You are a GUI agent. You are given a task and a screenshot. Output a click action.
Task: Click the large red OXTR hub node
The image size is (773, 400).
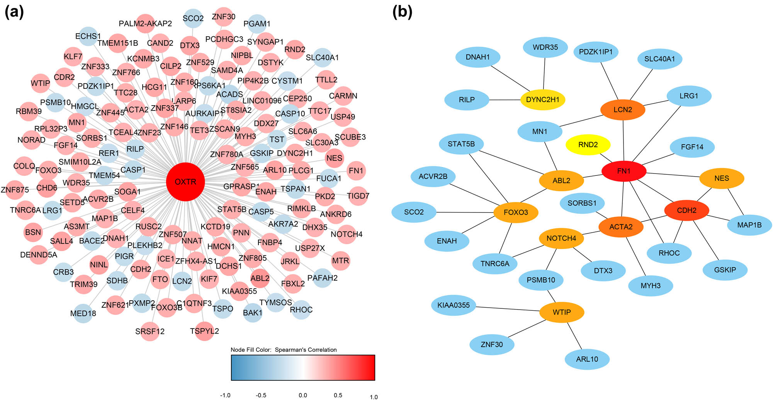(185, 182)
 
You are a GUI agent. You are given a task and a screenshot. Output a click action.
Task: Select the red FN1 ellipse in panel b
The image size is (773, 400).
(623, 171)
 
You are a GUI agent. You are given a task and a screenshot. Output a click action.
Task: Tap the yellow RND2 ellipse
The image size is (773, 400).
(588, 145)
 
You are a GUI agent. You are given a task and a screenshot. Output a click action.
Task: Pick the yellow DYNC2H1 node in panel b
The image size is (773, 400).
(542, 99)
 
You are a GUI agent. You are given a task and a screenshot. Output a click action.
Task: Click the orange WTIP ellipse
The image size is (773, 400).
(561, 312)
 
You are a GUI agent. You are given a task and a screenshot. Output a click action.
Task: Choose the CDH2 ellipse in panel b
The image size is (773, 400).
(686, 210)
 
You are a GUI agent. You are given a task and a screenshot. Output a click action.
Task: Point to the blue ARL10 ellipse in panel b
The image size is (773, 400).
(587, 359)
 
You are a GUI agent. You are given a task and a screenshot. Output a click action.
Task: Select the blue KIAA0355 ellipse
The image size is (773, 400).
(454, 305)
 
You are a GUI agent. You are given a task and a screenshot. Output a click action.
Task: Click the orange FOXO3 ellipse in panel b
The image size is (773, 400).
(516, 212)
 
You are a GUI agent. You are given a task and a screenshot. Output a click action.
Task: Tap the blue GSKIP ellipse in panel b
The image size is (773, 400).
(725, 270)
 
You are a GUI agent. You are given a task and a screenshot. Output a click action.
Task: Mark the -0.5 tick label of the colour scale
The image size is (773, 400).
(261, 395)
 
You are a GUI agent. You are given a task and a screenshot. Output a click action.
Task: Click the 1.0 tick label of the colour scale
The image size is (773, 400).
(374, 397)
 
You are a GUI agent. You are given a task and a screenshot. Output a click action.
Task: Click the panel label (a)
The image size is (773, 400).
(14, 12)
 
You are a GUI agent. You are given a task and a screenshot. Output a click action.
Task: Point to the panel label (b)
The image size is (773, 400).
(402, 12)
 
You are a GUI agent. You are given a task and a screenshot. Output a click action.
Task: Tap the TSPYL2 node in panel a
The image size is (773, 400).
(204, 331)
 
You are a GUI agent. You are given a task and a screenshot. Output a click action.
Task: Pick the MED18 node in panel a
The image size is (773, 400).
(83, 313)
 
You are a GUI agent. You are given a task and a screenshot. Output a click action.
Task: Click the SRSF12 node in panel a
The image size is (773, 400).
(150, 332)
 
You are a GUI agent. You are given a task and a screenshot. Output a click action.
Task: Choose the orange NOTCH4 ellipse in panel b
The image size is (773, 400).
(561, 238)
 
